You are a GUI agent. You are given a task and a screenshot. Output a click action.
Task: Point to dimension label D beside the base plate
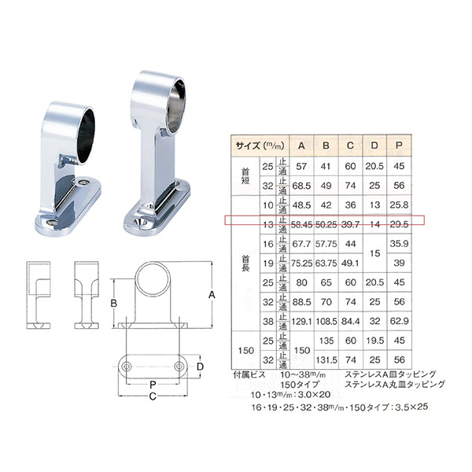pyautogui.click(x=201, y=367)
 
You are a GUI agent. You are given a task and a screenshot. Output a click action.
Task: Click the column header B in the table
pyautogui.click(x=325, y=145)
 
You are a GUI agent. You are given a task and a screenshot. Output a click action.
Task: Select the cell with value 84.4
pyautogui.click(x=349, y=322)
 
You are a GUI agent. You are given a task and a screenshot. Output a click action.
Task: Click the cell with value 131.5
pyautogui.click(x=325, y=360)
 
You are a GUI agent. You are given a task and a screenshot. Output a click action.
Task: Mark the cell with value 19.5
pyautogui.click(x=375, y=341)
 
